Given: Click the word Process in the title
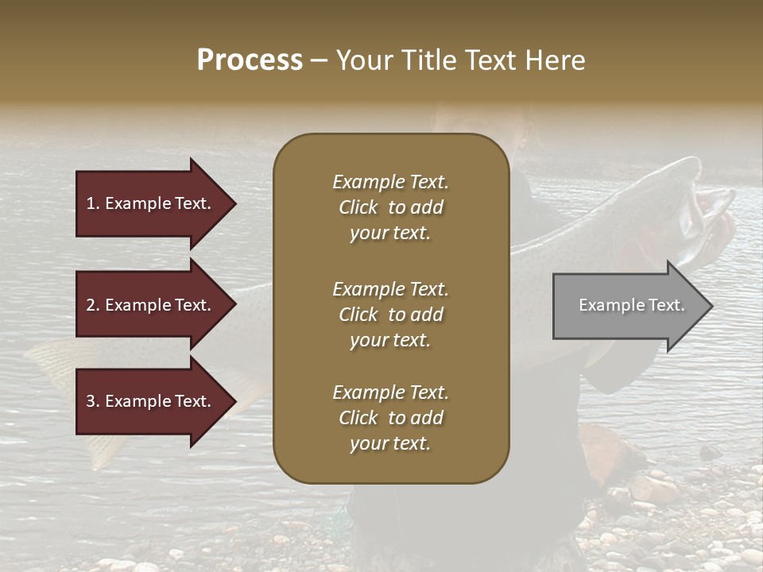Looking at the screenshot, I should tap(250, 60).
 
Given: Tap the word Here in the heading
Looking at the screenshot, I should tap(556, 60).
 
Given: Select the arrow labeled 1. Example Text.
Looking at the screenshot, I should tap(151, 203).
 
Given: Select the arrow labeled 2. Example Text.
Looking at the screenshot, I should tap(151, 305).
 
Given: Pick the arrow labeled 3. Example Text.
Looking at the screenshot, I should tap(151, 401).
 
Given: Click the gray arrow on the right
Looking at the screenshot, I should tap(628, 306).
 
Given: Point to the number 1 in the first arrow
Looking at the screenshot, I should tap(91, 203).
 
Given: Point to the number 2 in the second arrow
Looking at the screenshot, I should tap(91, 305).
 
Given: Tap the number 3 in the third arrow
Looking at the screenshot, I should tap(91, 401).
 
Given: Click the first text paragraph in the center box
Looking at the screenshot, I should tap(390, 207).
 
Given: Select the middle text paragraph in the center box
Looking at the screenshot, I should tap(390, 315).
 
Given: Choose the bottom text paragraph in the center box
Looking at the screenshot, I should tap(390, 418).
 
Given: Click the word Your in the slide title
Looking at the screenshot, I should tap(362, 60).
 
